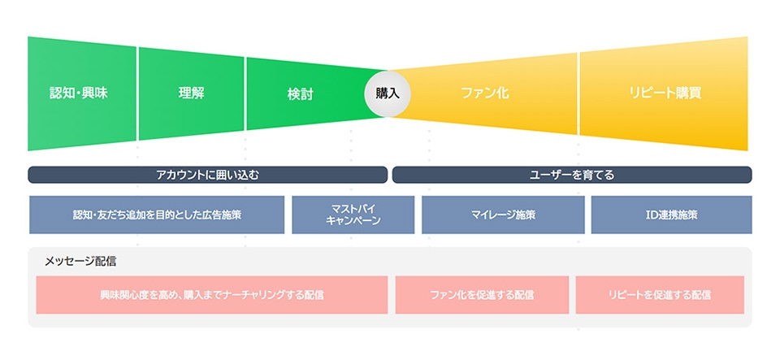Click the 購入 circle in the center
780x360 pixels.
point(388,93)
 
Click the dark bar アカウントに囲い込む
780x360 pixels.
point(207,175)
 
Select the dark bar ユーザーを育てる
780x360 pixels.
point(572,175)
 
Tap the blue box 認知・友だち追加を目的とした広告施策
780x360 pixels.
point(157,215)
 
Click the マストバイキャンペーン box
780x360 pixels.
point(352,215)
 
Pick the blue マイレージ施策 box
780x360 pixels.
point(503,215)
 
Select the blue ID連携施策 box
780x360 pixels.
point(671,215)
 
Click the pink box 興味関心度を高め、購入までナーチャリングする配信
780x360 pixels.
point(211,295)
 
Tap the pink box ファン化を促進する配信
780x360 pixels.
point(482,295)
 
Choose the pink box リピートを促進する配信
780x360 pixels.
point(659,295)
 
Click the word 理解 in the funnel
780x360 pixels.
point(191,93)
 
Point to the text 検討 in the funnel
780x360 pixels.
point(300,93)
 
